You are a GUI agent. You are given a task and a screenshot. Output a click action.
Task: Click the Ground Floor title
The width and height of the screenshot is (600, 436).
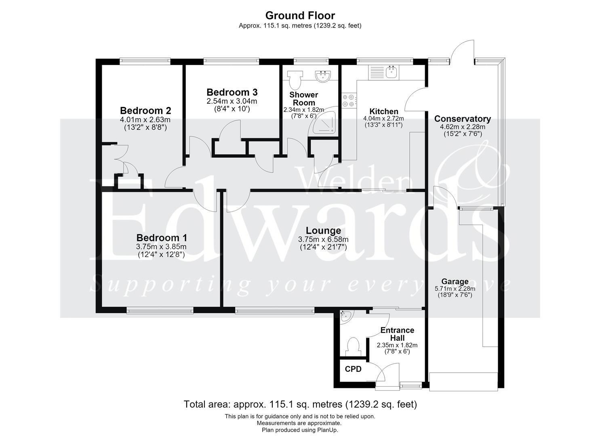click(300, 16)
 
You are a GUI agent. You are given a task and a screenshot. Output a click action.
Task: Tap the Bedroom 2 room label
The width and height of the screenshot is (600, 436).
click(145, 111)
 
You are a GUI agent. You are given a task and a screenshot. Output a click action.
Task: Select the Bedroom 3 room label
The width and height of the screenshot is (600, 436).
click(232, 92)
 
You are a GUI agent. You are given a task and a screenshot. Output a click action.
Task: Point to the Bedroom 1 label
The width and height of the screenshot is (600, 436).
click(162, 238)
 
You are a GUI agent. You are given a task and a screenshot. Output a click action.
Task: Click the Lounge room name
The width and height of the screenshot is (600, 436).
click(323, 231)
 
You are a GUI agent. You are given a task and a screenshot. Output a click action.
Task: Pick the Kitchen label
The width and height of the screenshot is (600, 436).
click(383, 111)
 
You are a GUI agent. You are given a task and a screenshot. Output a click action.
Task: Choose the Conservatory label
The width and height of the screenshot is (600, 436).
click(463, 119)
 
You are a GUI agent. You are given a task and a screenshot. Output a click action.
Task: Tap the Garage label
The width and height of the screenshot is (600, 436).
click(455, 281)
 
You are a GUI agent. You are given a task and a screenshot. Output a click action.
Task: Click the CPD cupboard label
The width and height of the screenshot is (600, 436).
click(353, 369)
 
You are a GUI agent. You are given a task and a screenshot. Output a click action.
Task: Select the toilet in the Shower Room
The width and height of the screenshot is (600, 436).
click(295, 80)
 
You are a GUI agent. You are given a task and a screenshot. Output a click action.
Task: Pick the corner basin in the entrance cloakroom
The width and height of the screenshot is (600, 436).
click(346, 316)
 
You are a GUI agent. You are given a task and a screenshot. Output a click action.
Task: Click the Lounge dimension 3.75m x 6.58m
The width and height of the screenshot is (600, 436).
click(323, 239)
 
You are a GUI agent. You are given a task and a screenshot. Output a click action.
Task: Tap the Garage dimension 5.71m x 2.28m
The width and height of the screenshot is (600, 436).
click(455, 289)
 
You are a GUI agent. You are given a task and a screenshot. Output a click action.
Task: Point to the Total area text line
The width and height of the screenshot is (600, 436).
click(300, 404)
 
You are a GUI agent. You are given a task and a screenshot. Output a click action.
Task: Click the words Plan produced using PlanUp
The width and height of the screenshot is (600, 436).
click(300, 430)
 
